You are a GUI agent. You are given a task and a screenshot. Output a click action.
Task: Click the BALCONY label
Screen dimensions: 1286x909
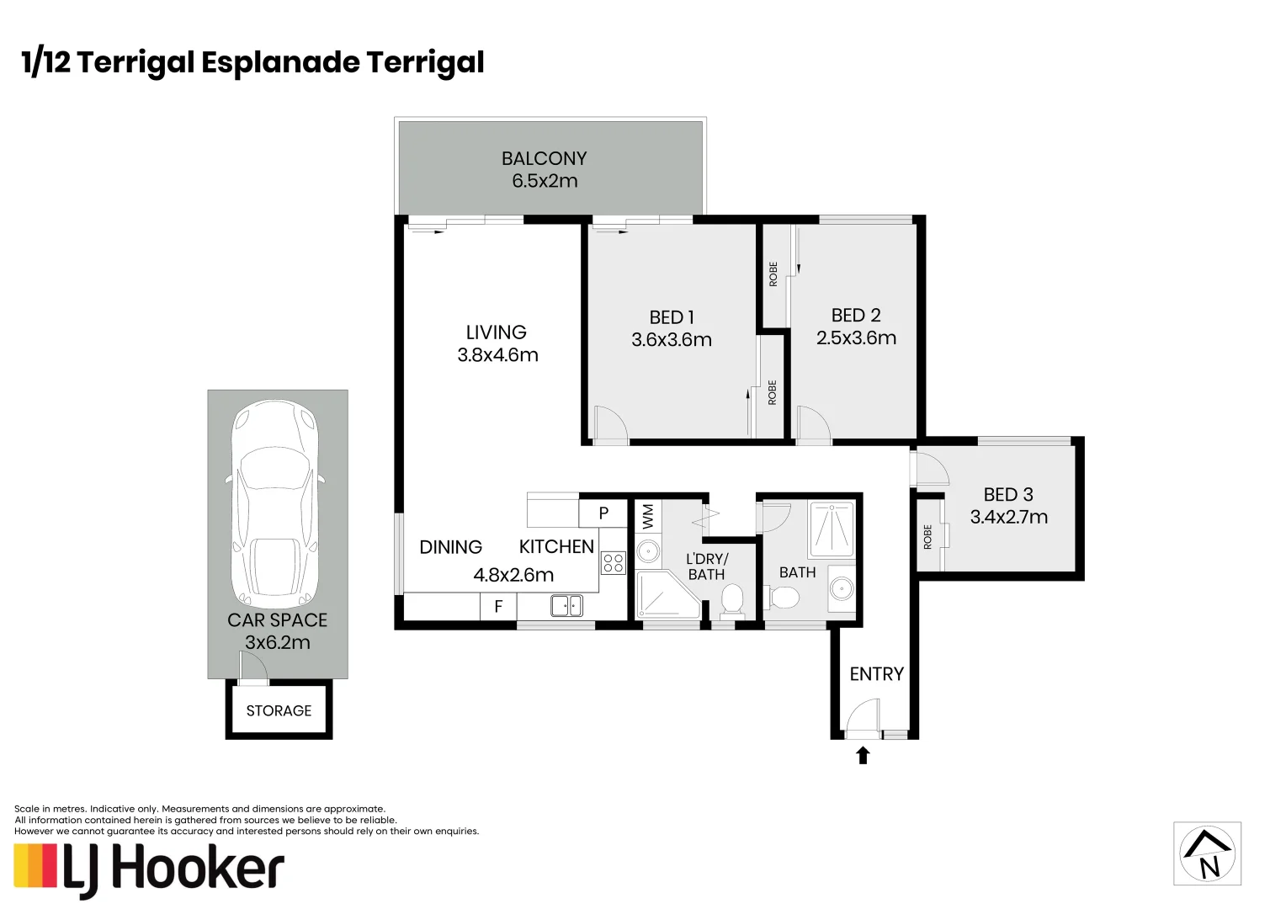pyautogui.click(x=545, y=158)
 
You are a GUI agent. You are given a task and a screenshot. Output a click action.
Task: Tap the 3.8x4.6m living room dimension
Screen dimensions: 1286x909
pyautogui.click(x=497, y=355)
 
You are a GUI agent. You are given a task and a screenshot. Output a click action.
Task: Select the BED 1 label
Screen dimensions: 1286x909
pyautogui.click(x=672, y=317)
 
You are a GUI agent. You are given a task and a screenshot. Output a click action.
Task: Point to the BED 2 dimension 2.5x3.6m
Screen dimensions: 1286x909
pyautogui.click(x=856, y=338)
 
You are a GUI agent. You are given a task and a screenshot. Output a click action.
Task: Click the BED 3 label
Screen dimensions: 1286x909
pyautogui.click(x=1008, y=494)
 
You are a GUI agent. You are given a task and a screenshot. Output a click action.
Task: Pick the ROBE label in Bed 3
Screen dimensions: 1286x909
pyautogui.click(x=927, y=537)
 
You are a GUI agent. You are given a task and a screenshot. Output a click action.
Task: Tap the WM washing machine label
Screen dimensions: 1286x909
pyautogui.click(x=647, y=516)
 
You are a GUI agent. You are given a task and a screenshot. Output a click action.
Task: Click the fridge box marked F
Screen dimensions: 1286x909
pyautogui.click(x=498, y=606)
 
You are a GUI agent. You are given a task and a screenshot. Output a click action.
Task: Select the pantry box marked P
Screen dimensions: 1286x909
pyautogui.click(x=603, y=513)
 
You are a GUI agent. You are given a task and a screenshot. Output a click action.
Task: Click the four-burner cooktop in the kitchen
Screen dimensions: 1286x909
pyautogui.click(x=614, y=563)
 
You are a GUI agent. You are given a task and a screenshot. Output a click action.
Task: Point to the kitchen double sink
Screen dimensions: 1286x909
pyautogui.click(x=566, y=606)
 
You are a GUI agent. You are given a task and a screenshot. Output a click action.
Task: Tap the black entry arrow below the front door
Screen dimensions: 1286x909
pyautogui.click(x=863, y=755)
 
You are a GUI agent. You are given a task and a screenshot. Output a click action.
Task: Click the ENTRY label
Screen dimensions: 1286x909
pyautogui.click(x=877, y=673)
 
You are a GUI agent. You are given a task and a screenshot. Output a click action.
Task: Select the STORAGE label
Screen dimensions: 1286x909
pyautogui.click(x=279, y=711)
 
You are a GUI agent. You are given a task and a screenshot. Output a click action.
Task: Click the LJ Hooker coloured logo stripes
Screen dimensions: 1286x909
pyautogui.click(x=35, y=865)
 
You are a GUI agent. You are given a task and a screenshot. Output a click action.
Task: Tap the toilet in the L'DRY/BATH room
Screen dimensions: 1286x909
pyautogui.click(x=731, y=601)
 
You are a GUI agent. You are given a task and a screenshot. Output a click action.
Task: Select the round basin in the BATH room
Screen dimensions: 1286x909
pyautogui.click(x=842, y=588)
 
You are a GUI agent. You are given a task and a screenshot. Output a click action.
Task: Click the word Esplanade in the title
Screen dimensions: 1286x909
pyautogui.click(x=280, y=62)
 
